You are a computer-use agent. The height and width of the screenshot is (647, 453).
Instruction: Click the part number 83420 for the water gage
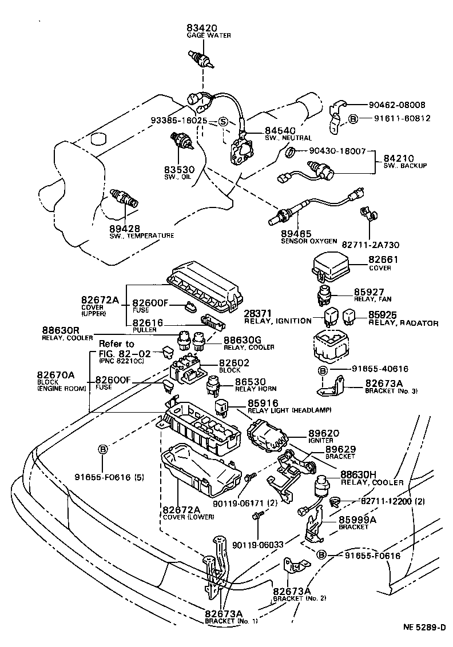200,28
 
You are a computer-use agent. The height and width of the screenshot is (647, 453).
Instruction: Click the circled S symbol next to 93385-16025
223,121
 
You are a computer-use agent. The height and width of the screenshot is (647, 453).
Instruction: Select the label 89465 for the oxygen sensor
296,234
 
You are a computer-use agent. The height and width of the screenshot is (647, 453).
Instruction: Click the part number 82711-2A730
370,245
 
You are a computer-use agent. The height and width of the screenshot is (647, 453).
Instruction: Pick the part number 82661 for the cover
383,259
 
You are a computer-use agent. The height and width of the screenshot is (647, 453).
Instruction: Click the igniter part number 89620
324,433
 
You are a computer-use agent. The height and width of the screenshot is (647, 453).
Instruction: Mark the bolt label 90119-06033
258,545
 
